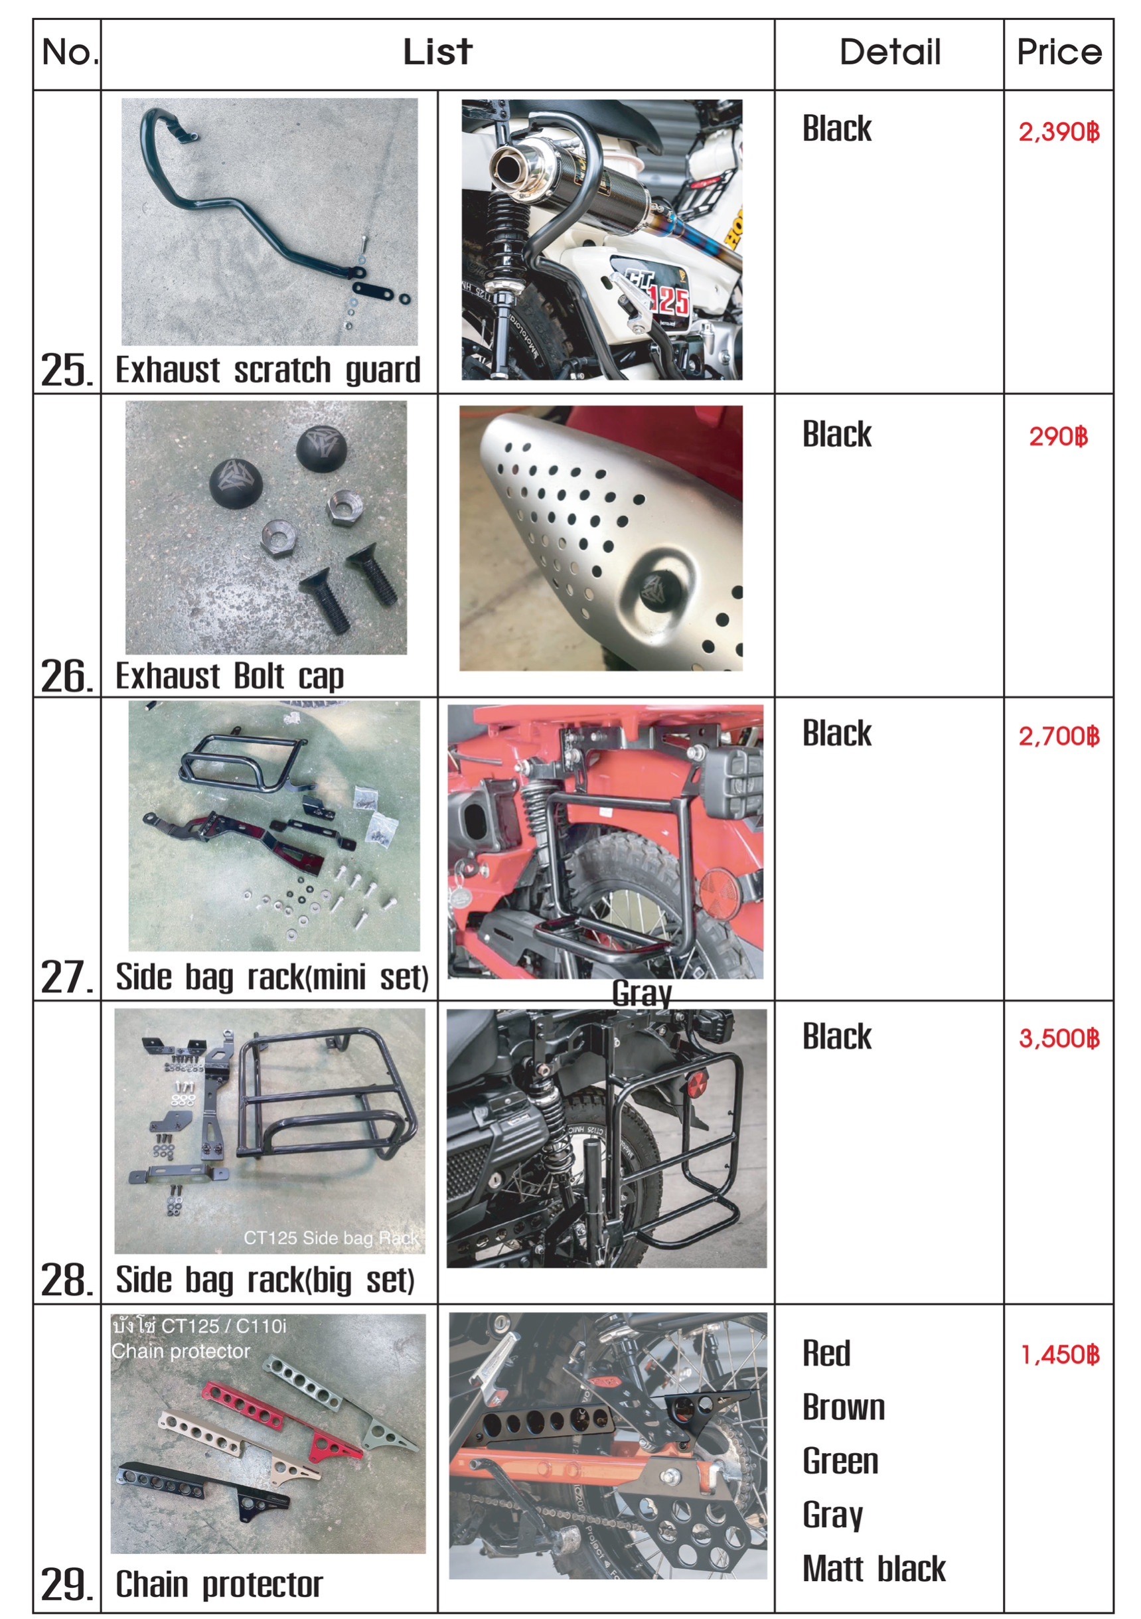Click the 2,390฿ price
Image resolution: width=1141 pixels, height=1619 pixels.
[x=1058, y=132]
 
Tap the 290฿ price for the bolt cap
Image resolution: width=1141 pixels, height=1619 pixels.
[x=1058, y=437]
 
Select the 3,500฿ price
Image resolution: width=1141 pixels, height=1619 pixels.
[x=1058, y=1039]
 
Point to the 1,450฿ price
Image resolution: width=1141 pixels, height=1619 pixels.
[x=1059, y=1355]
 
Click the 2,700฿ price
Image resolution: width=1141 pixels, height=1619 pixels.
[x=1058, y=737]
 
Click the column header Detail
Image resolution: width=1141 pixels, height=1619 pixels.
[x=889, y=52]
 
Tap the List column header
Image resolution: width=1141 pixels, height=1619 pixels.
[x=437, y=52]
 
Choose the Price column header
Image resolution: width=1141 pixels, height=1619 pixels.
[x=1059, y=52]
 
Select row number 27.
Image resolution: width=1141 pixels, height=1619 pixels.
[x=66, y=977]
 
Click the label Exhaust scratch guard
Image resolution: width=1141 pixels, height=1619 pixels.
[x=268, y=370]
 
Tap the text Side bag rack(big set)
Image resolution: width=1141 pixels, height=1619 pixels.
[x=265, y=1280]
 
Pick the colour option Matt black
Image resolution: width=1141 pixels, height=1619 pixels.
[x=874, y=1569]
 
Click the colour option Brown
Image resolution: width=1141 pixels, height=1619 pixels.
[x=844, y=1407]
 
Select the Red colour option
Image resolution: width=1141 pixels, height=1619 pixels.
[x=826, y=1354]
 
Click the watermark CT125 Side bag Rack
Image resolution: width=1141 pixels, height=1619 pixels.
[x=331, y=1237]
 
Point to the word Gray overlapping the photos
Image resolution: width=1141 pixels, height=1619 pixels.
[x=642, y=994]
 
